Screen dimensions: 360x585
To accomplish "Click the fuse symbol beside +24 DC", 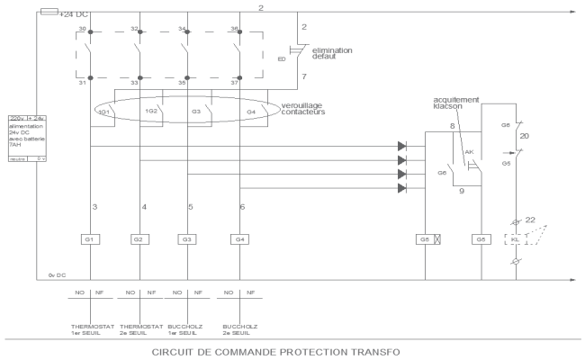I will (x=51, y=13).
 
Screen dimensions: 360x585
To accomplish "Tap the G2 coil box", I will (x=138, y=238).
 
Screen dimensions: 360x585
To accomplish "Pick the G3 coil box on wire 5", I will (x=186, y=238).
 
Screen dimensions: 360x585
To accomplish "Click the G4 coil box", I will (x=238, y=238).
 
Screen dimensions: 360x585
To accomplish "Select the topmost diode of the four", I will (x=401, y=145).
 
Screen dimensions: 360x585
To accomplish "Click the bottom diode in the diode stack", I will (x=401, y=188).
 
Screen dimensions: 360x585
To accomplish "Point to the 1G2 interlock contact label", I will (x=151, y=112).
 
